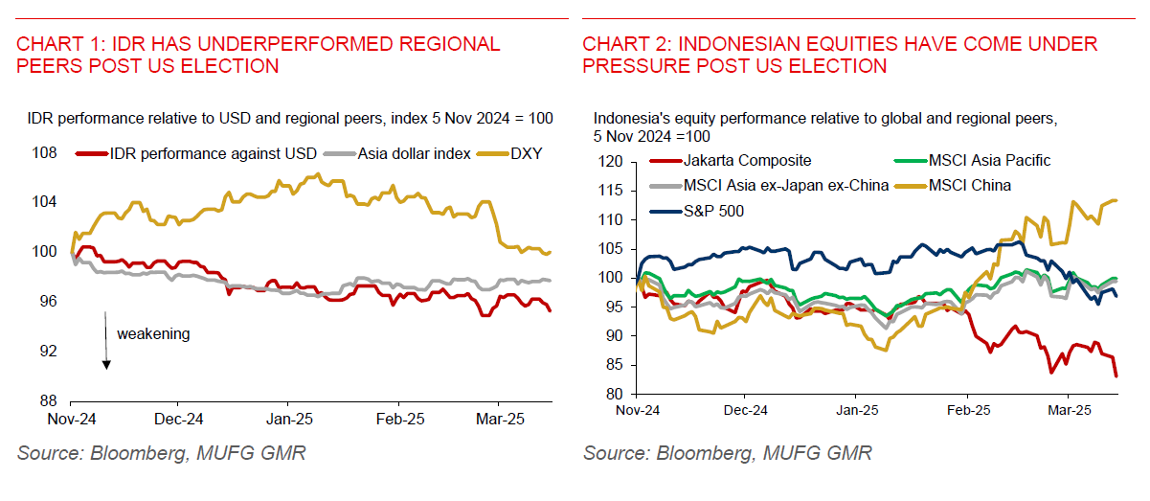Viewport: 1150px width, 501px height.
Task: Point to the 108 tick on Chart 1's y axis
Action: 45,153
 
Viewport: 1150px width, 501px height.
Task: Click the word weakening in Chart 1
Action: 153,333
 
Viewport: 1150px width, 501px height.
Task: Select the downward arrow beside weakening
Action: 106,339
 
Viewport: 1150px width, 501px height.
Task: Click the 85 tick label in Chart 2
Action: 620,365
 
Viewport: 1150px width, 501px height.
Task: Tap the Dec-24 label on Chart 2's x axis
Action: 746,410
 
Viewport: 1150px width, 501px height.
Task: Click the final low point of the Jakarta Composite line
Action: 1116,376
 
